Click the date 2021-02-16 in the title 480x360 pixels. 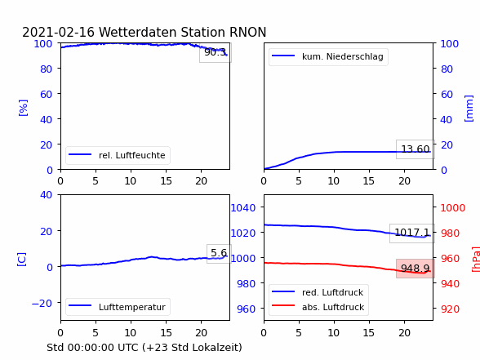coord(58,32)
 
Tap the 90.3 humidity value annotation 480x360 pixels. coord(216,52)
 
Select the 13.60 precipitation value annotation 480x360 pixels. coord(416,149)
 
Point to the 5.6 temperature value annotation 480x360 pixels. coord(219,253)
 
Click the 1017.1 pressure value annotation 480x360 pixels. coord(412,233)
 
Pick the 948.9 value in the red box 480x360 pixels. coord(415,269)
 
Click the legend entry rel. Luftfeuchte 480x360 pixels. coord(132,155)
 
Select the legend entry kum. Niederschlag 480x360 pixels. coord(343,56)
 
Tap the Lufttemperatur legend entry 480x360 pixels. coord(132,307)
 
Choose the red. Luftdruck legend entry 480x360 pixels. coord(333,292)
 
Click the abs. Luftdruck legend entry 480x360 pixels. coord(333,307)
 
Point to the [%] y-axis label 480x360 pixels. coord(23,108)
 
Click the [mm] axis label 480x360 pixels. coord(469,109)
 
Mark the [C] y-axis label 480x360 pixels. coord(21,260)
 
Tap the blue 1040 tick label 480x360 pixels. coord(243,208)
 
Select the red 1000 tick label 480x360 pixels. coord(453,208)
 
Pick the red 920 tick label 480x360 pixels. coord(450,309)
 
